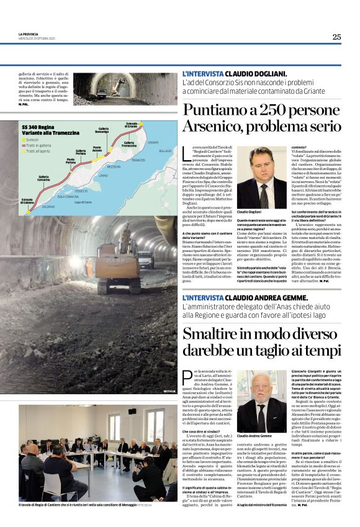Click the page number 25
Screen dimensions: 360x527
(x=336, y=37)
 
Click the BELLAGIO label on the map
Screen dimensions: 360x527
(x=164, y=151)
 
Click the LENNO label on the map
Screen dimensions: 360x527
(x=103, y=176)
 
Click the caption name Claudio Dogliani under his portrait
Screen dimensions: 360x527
(x=250, y=212)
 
